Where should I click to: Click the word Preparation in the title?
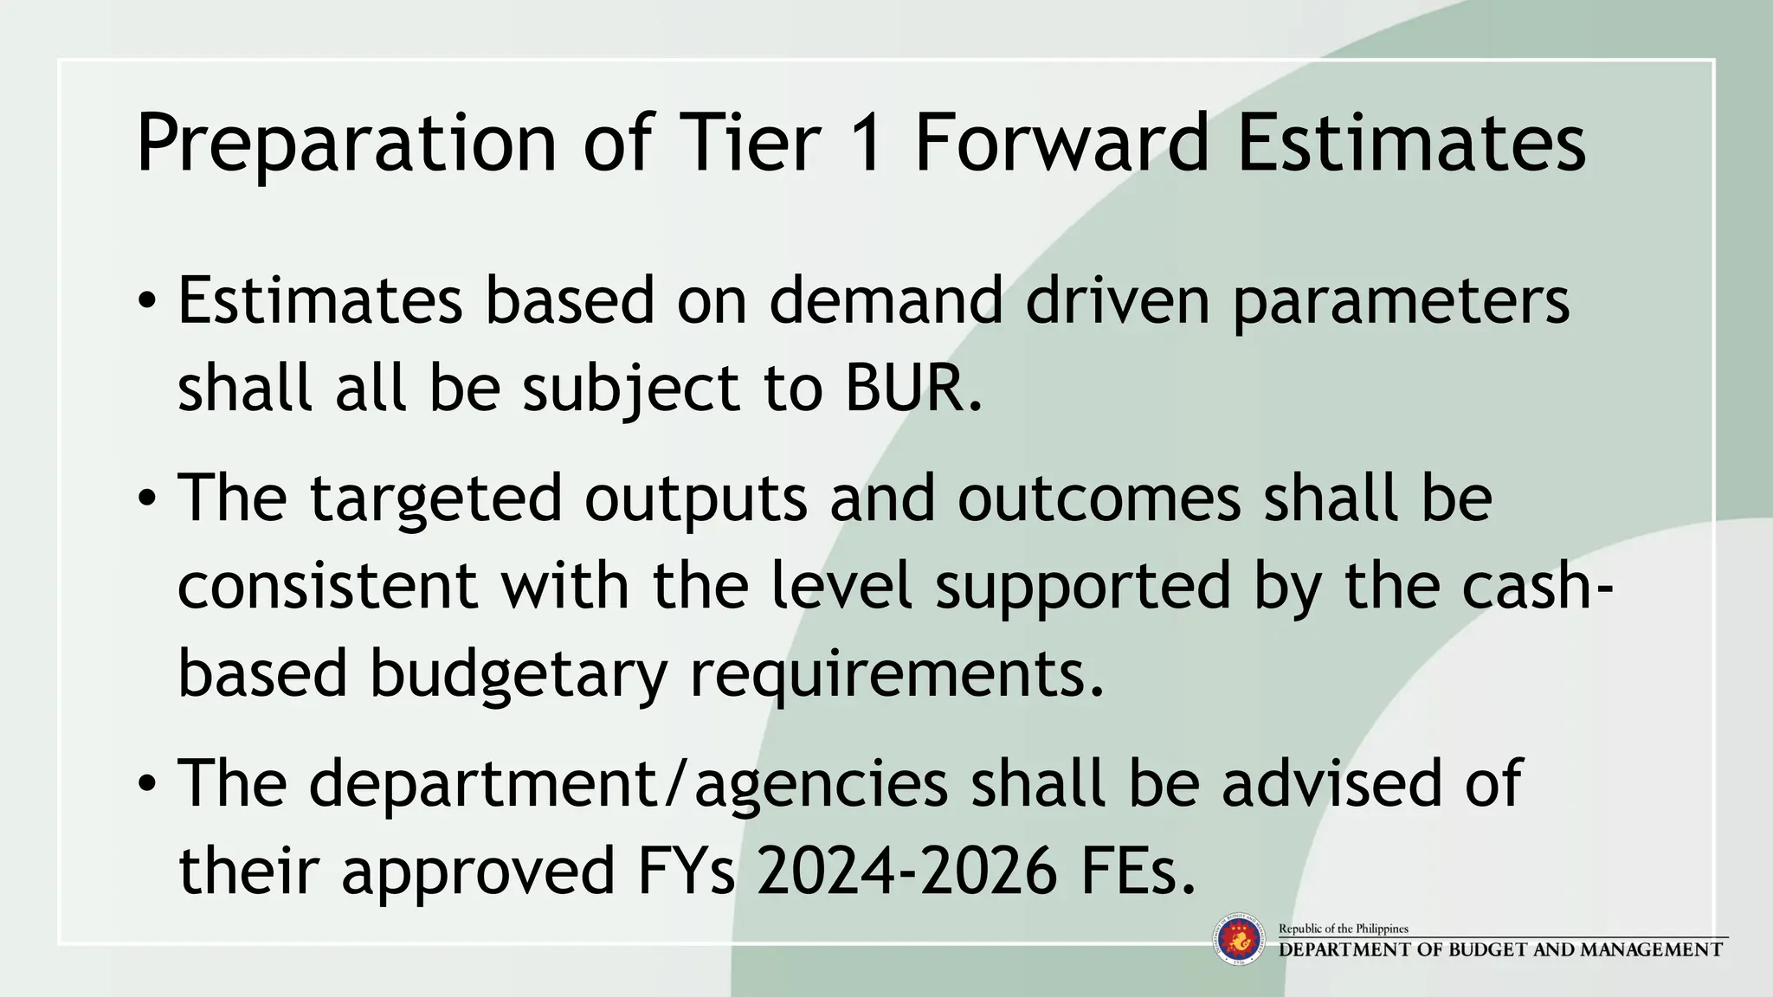(346, 144)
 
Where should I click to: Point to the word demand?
(885, 301)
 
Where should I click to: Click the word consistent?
(327, 585)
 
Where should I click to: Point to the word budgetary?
(518, 673)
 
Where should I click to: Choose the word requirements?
(896, 673)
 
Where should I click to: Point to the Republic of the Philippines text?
(1344, 929)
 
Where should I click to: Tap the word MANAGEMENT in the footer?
(1651, 949)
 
